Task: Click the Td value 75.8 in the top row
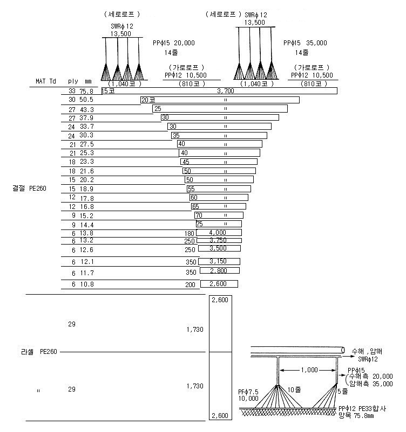(x=87, y=91)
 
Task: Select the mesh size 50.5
(x=86, y=100)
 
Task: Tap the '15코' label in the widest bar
(x=108, y=90)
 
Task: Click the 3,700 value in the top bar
(x=226, y=90)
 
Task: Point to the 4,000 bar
(x=219, y=233)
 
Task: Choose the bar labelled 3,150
(x=219, y=261)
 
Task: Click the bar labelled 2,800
(x=220, y=270)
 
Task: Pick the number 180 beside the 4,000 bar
(x=190, y=234)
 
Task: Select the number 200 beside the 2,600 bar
(x=190, y=284)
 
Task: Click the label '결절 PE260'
(x=29, y=189)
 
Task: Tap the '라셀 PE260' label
(x=39, y=352)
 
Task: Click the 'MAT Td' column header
(x=46, y=81)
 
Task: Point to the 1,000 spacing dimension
(x=309, y=370)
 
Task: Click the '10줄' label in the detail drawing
(x=294, y=389)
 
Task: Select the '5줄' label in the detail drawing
(x=343, y=391)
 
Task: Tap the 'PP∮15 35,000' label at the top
(x=305, y=43)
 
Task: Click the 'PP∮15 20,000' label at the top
(x=174, y=43)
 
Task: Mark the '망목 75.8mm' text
(x=356, y=415)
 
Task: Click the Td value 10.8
(x=87, y=284)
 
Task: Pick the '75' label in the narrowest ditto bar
(x=199, y=224)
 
